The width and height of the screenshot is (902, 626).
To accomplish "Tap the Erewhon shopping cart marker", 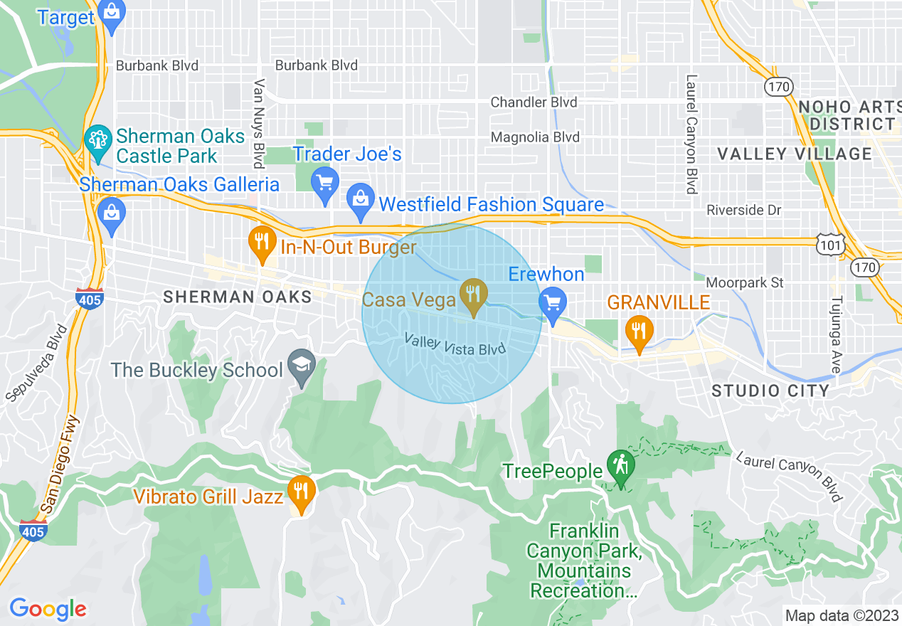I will coord(552,302).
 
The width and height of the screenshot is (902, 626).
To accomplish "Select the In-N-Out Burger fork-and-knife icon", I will coord(262,243).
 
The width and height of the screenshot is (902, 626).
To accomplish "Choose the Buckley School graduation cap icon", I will coord(302,366).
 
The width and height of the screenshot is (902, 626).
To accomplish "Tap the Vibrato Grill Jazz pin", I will coord(302,492).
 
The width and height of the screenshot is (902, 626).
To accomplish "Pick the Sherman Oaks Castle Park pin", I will coord(97,140).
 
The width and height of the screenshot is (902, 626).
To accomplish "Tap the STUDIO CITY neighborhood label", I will coord(770,391).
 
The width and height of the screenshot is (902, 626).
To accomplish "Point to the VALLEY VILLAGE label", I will coord(794,154).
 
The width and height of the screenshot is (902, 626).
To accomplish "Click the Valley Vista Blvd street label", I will coord(455,344).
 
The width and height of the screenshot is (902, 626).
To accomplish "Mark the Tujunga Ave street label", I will coord(837,334).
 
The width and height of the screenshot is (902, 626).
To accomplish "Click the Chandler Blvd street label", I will coord(534,102).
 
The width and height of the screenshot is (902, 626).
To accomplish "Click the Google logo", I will coord(48,609).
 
